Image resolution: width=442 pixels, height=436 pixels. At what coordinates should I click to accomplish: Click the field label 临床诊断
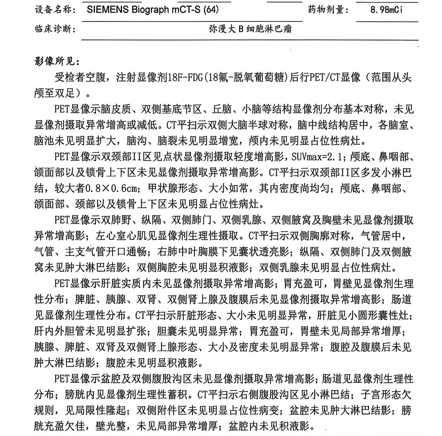tap(53, 29)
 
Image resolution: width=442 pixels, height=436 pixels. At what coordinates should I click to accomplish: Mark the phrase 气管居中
tap(383, 237)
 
